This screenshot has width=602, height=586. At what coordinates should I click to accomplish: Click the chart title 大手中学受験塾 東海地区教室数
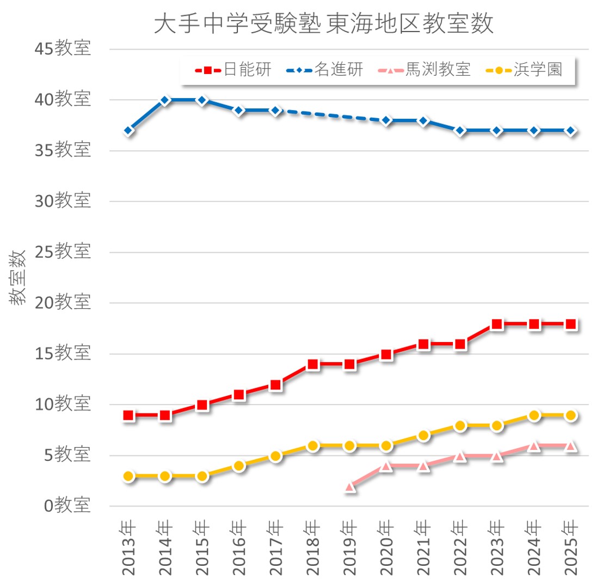(323, 25)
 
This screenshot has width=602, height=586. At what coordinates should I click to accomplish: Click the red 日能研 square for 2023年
(497, 324)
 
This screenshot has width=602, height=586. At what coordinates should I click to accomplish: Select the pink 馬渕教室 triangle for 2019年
(350, 486)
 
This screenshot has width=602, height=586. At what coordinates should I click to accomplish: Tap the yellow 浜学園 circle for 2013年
(129, 476)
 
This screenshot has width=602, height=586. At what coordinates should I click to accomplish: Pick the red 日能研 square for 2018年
(312, 364)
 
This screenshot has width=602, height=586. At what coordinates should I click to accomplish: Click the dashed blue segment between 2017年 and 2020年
(331, 115)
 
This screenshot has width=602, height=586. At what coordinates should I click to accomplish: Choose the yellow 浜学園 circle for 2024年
(534, 416)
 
